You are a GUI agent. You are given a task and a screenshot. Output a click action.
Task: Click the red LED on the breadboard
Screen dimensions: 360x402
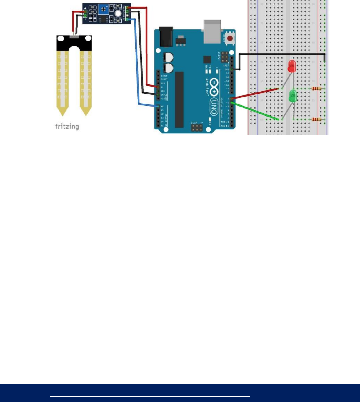click(x=291, y=66)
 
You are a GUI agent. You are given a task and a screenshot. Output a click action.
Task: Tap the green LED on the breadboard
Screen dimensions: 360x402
click(x=293, y=96)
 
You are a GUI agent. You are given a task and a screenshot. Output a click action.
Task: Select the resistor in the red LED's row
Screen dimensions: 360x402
click(x=316, y=89)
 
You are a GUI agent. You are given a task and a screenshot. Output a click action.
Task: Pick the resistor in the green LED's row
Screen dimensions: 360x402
click(x=316, y=119)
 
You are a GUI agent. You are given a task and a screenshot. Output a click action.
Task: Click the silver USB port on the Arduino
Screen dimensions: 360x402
click(x=212, y=31)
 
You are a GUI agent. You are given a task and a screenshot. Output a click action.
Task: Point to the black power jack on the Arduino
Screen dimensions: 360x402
click(x=166, y=37)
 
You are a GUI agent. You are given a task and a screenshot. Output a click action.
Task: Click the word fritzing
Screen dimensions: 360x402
click(x=67, y=127)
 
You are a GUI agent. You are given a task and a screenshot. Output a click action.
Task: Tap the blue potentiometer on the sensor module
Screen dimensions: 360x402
click(x=103, y=10)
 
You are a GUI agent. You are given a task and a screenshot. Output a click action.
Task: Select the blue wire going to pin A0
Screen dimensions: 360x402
click(x=136, y=62)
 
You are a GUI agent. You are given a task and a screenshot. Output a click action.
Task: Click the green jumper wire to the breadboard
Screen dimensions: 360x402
click(x=255, y=111)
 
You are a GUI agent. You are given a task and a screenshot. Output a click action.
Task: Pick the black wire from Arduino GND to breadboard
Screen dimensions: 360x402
click(x=282, y=54)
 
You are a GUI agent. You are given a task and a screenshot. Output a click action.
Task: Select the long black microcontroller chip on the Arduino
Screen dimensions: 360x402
click(x=179, y=99)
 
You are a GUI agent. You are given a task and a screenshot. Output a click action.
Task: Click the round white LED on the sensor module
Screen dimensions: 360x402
click(x=118, y=13)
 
